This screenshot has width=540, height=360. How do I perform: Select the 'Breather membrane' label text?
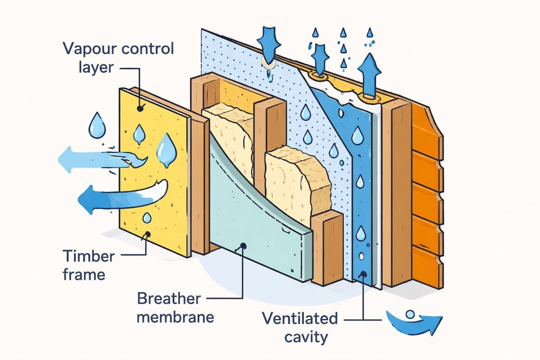[x=176, y=307]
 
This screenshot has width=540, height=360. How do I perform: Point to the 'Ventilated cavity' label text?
[x=300, y=328]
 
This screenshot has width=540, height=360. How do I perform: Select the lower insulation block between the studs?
[x=295, y=180]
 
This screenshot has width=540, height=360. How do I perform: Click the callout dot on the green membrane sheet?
[x=243, y=246]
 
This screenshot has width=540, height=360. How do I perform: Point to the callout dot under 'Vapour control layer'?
[x=141, y=108]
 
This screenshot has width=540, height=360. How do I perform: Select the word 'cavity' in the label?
[x=300, y=337]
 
